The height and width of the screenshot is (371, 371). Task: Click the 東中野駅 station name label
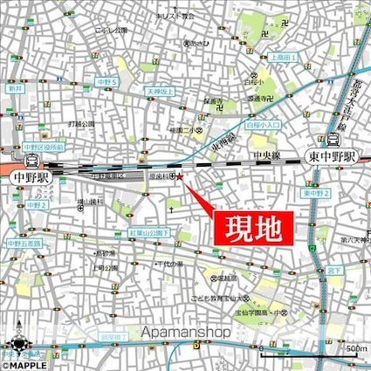(333, 156)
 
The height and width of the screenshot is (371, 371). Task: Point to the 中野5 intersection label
(107, 82)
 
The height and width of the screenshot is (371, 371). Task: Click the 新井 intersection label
(14, 89)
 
